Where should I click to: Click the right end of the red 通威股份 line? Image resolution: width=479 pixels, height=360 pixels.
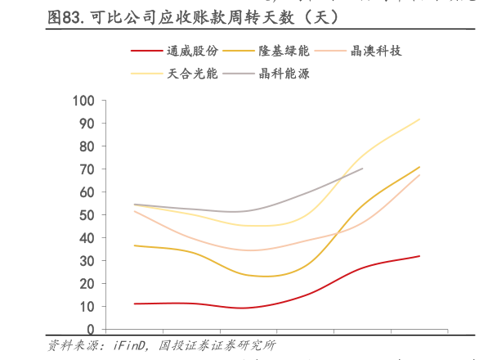(x=419, y=256)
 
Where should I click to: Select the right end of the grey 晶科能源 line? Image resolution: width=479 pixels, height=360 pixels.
(x=362, y=169)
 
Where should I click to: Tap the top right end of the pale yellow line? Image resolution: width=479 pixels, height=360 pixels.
(x=419, y=119)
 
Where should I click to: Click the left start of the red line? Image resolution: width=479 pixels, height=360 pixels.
(x=134, y=304)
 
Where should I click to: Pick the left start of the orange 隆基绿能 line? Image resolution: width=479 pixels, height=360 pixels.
(x=134, y=245)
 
